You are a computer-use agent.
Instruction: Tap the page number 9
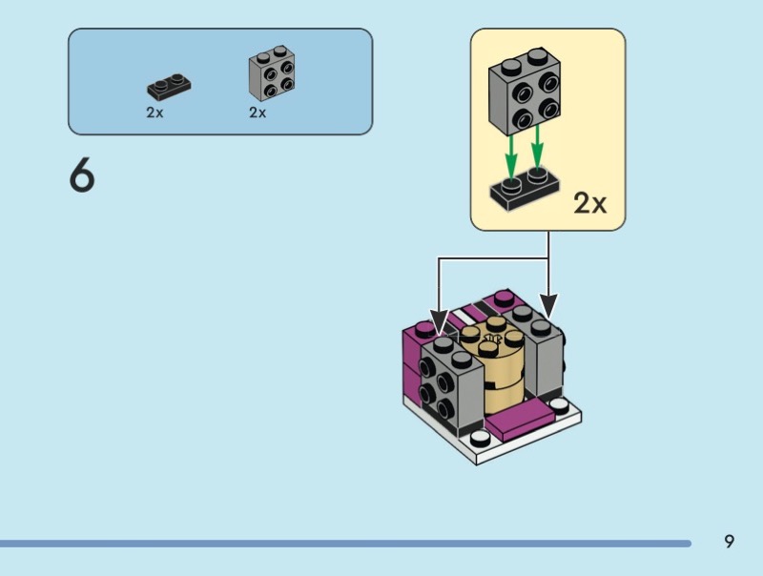point(730,542)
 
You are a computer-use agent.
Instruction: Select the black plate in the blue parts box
point(169,88)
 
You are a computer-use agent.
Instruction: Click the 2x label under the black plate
point(155,113)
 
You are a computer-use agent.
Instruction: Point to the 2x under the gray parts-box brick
point(258,113)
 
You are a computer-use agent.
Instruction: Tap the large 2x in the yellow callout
point(590,203)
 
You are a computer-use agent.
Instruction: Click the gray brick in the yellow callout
point(523,96)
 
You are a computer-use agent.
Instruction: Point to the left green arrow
point(511,153)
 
